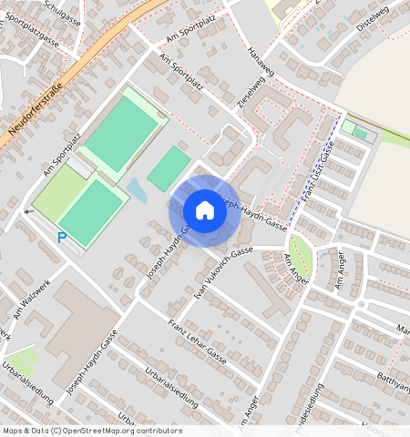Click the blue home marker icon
point(205,210)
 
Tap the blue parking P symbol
point(62,238)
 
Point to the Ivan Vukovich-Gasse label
point(221,268)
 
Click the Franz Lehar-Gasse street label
point(197,339)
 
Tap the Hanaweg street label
point(261,64)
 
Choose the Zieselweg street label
point(246,94)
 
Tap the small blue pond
point(138,189)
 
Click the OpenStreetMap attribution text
point(92,431)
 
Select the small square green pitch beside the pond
point(169,168)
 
